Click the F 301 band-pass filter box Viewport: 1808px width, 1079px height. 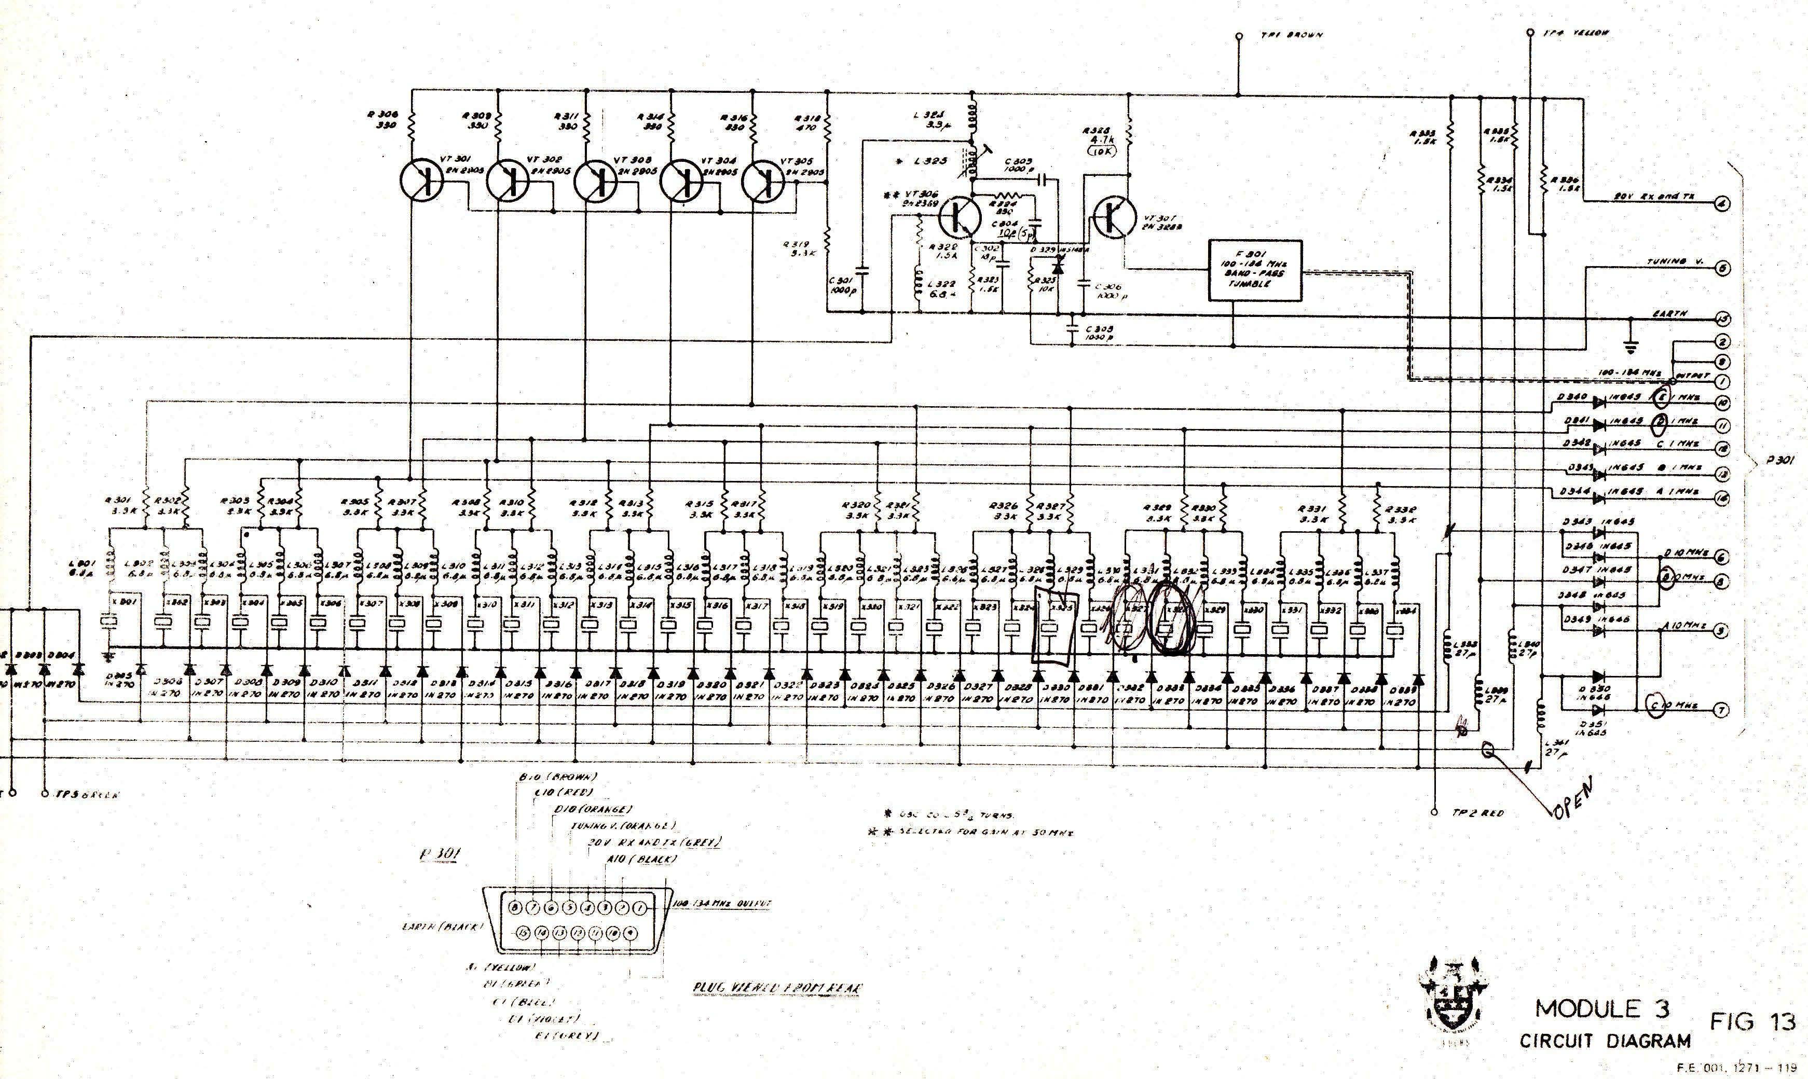pos(1254,270)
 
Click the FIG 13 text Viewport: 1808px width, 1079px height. pos(1752,1021)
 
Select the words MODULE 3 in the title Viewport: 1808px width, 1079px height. pos(1601,1008)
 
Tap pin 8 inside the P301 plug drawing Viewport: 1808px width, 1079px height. pos(515,907)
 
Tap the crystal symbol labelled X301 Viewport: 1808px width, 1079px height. pos(108,621)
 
